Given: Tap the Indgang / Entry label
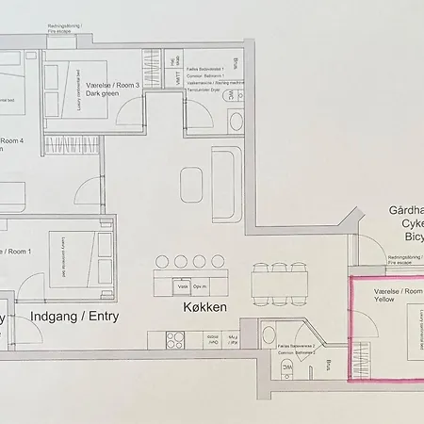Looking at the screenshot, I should click(75, 317).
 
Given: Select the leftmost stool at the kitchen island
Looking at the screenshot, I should click(163, 261).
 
